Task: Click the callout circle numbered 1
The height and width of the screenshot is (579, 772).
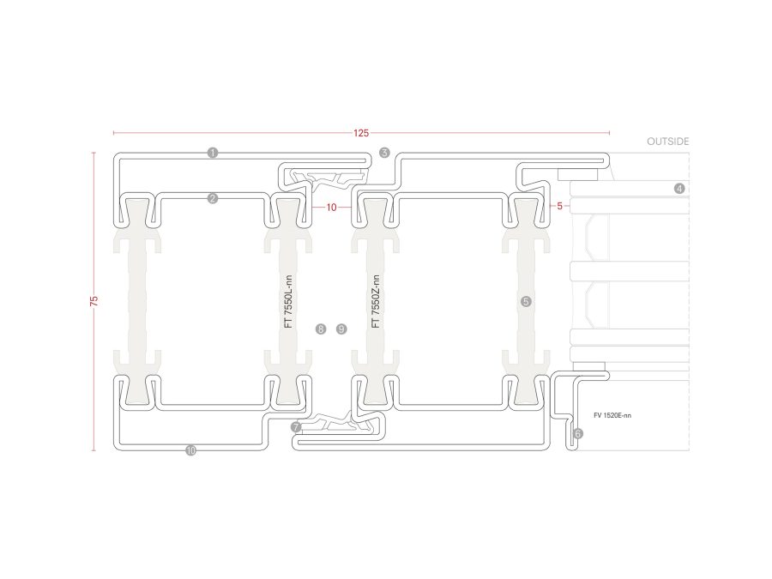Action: pyautogui.click(x=212, y=153)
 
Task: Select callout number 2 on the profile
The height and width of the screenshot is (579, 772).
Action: pyautogui.click(x=212, y=198)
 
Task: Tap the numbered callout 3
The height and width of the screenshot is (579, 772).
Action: pyautogui.click(x=384, y=153)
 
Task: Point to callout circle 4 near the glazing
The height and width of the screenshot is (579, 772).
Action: pyautogui.click(x=679, y=188)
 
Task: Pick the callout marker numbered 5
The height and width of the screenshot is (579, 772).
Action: pyautogui.click(x=526, y=301)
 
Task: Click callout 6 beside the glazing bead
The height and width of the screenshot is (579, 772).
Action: pyautogui.click(x=578, y=433)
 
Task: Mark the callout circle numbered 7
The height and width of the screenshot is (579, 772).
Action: pyautogui.click(x=296, y=427)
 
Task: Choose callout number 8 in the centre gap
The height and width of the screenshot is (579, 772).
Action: pyautogui.click(x=321, y=329)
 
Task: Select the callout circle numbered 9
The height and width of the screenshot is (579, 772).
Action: pyautogui.click(x=341, y=329)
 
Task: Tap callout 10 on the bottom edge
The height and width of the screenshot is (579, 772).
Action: pyautogui.click(x=191, y=450)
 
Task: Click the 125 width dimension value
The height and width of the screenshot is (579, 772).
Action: pyautogui.click(x=361, y=133)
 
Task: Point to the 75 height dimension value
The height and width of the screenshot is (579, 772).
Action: pyautogui.click(x=94, y=301)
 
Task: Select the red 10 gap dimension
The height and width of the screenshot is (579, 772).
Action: pyautogui.click(x=331, y=208)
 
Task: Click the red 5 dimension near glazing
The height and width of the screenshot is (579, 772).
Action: pyautogui.click(x=559, y=206)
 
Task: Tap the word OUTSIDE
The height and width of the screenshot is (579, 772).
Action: pyautogui.click(x=667, y=142)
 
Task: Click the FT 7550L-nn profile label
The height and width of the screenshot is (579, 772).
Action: pyautogui.click(x=288, y=301)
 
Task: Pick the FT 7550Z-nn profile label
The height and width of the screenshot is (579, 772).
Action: pyautogui.click(x=376, y=301)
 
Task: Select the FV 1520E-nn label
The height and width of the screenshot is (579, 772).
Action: pyautogui.click(x=612, y=415)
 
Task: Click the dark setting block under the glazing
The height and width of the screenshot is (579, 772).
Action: pyautogui.click(x=589, y=367)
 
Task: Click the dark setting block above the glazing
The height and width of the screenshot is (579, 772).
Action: pyautogui.click(x=578, y=174)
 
